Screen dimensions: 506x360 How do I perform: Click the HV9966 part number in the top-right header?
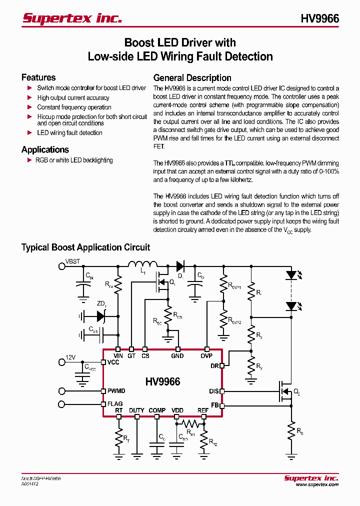319,18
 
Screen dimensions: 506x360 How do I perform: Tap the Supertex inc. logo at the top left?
72,18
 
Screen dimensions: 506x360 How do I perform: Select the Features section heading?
38,77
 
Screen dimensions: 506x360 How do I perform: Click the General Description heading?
192,78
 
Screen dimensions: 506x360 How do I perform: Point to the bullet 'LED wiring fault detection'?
69,133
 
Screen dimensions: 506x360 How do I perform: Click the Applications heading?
45,149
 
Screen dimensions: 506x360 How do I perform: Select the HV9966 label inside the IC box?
162,381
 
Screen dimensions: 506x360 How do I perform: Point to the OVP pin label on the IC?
206,356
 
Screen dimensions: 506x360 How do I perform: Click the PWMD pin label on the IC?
116,391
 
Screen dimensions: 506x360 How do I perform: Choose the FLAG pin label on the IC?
115,404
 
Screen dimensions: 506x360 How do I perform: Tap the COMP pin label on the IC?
157,410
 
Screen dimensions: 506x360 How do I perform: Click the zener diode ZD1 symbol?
100,316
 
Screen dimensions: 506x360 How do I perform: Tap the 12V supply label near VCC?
70,357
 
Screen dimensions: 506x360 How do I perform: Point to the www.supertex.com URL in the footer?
317,484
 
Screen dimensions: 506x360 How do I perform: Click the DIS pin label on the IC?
214,391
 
